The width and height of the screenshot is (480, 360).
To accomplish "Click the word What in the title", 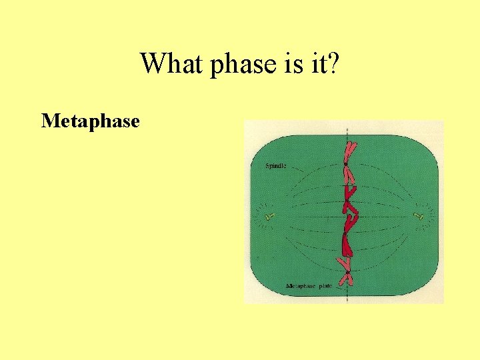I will pos(167,64).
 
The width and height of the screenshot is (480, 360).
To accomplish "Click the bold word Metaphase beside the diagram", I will pos(90,121).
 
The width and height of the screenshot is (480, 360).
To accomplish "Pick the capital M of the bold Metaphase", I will pos(49,121).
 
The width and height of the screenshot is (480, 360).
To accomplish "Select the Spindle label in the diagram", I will pos(276,165).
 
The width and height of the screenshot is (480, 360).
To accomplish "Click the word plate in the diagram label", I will pos(325,286).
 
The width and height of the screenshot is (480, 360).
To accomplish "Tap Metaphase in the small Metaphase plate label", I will pos(301,286).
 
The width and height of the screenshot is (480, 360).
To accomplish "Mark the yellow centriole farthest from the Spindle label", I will pos(419,216).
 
